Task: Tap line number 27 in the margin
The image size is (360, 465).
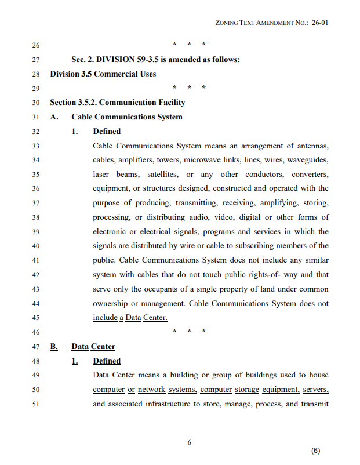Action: tap(36, 60)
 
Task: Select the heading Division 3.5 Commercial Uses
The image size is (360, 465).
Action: tap(103, 74)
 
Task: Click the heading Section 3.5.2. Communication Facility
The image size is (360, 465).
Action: tap(118, 103)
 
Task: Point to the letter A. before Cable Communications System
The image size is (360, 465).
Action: tap(54, 117)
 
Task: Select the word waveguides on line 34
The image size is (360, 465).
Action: tap(308, 160)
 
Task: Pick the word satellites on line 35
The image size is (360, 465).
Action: tap(163, 175)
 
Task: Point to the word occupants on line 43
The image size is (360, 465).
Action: tap(173, 289)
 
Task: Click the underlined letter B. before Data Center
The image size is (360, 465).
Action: tap(54, 347)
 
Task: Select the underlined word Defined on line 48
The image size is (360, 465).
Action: tap(107, 361)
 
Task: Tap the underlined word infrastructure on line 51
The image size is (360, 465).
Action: tap(168, 404)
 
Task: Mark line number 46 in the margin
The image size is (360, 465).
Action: tap(36, 332)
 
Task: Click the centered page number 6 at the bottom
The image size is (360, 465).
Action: tap(189, 442)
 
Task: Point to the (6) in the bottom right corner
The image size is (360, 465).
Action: tap(315, 451)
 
